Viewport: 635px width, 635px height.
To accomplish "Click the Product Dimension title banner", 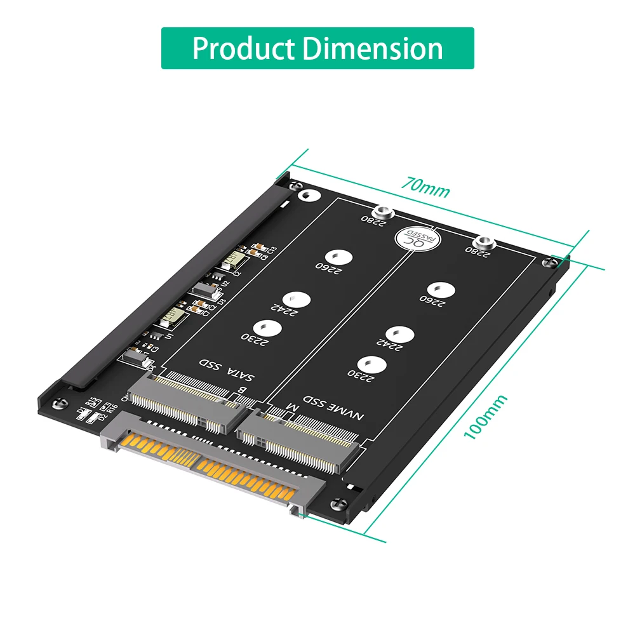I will coord(317,48).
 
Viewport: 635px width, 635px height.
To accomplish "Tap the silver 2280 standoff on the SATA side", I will coord(382,212).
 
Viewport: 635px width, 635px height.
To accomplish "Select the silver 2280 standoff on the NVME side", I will coord(485,242).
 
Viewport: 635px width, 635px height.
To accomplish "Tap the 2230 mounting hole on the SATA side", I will coord(271,328).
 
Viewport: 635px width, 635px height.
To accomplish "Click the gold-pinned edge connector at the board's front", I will coord(210,464).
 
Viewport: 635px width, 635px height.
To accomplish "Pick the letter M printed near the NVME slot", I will coord(291,406).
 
